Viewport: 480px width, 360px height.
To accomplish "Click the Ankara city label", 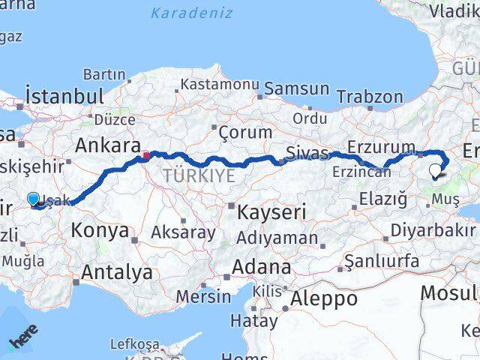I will click(104, 145).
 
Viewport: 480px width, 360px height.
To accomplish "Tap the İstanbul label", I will click(64, 96).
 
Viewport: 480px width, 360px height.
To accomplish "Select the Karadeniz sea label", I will click(191, 13).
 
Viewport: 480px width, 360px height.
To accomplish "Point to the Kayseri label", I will click(271, 212).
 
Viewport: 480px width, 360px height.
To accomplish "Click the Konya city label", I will click(100, 230).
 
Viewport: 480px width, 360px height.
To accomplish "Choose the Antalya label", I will click(116, 272).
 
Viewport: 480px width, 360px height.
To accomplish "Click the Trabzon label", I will click(370, 97).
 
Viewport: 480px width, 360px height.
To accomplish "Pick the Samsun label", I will click(296, 88).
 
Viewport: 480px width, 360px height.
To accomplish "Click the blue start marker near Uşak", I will click(33, 199).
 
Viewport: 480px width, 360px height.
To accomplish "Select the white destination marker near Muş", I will click(437, 172).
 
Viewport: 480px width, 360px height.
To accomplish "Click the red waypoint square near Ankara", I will click(145, 156).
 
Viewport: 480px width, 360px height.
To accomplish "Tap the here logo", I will click(22, 339).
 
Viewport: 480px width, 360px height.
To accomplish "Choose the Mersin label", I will click(203, 295).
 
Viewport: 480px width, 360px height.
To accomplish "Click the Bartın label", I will click(104, 74).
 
